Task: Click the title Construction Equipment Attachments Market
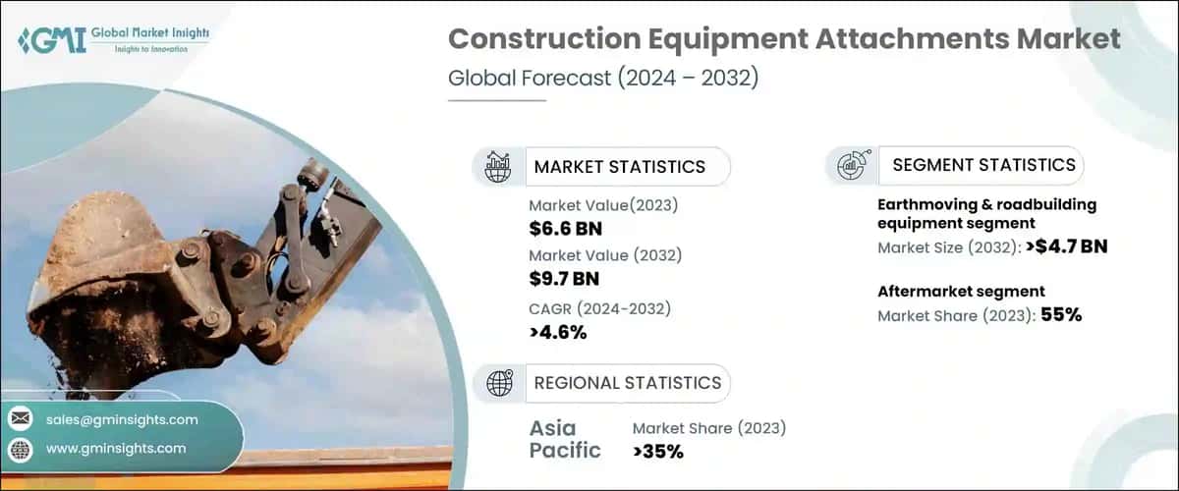784,38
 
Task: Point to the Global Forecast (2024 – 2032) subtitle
603,79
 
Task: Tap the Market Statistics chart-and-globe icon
498,166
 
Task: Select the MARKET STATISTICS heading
619,166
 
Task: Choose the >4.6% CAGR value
557,332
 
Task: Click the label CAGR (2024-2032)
599,308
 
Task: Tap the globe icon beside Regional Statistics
498,382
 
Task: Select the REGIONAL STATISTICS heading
627,382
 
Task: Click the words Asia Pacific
565,439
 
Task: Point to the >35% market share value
657,451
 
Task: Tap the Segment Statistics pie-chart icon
850,166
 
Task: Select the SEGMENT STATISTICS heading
983,165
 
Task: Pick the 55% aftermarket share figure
1060,315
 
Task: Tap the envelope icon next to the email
21,419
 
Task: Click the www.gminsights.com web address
116,448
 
